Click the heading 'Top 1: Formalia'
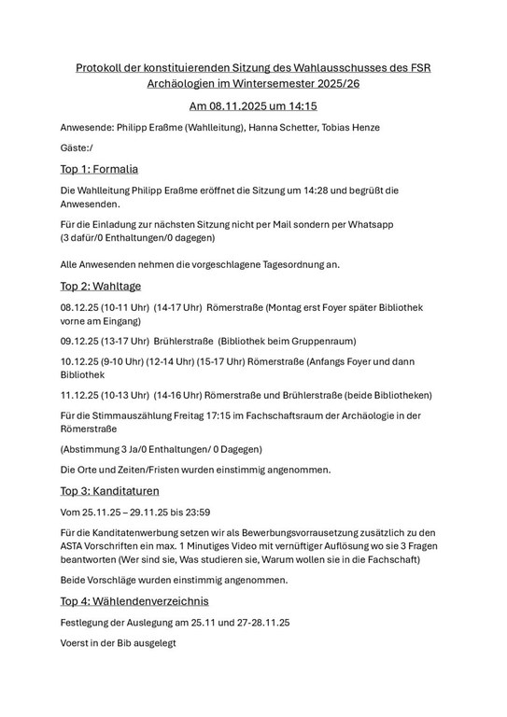coord(99,169)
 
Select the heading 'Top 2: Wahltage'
coord(100,286)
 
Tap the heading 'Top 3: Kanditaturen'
coord(109,490)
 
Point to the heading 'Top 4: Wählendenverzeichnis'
coord(134,600)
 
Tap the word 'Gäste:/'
coord(77,148)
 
